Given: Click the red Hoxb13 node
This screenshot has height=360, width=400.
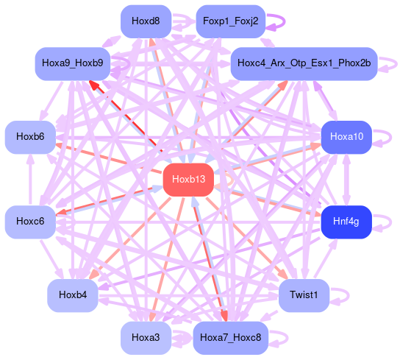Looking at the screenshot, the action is coord(188,180).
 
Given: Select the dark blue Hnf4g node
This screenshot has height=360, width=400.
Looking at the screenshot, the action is coord(346,222).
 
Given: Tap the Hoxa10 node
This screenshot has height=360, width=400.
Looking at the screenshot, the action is coord(346,137).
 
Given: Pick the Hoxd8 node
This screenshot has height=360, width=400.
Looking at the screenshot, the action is coord(146,21).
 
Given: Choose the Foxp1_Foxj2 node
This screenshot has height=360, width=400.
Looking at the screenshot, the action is coord(231,21).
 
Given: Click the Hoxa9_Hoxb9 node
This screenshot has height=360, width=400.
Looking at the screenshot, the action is coord(73,63).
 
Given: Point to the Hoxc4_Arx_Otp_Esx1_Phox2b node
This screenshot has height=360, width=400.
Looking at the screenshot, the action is coord(304,63).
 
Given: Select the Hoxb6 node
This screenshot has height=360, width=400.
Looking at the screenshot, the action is coord(30,137).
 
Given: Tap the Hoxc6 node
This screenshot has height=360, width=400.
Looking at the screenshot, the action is coord(30,222).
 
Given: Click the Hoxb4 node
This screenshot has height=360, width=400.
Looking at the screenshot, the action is coord(73,295).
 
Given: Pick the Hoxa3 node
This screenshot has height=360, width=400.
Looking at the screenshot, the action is coord(146,338).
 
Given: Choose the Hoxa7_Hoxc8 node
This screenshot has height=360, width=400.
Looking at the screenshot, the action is coord(231,338).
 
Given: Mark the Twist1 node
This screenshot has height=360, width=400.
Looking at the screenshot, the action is coord(304,295).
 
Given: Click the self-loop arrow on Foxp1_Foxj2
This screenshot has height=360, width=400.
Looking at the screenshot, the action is coord(284,21).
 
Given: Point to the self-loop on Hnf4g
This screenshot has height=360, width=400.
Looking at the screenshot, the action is coord(390,222).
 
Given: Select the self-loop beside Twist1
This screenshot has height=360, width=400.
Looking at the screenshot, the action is coord(349,295).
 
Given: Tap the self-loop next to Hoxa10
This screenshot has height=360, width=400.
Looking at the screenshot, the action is coord(390,137).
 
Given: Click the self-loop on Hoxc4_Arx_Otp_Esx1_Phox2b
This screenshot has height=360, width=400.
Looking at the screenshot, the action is coord(396,63).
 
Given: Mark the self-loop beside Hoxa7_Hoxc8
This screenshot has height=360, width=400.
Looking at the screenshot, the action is coord(287,338).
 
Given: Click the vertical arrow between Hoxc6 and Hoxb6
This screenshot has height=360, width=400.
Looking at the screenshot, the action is coord(30,180).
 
